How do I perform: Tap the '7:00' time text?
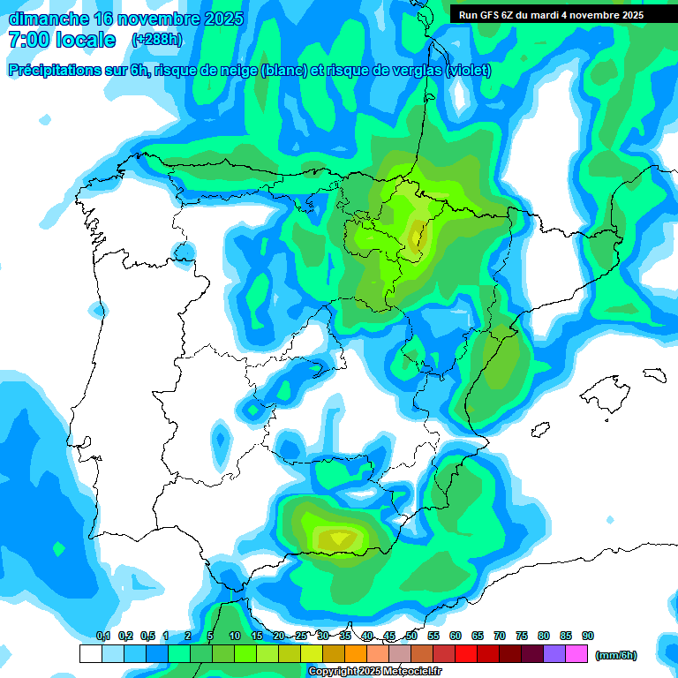[x=26, y=40]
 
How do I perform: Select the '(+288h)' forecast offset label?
[x=156, y=40]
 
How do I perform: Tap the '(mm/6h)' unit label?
[x=616, y=655]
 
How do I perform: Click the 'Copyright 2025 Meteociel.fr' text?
[x=375, y=672]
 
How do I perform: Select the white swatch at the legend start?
[x=90, y=653]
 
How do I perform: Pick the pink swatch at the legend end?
[x=576, y=653]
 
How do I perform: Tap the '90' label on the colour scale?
[x=588, y=636]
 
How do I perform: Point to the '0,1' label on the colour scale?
[x=103, y=636]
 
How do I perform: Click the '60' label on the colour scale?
[x=456, y=636]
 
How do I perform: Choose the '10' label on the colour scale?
[x=235, y=636]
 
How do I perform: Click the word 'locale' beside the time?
[x=87, y=40]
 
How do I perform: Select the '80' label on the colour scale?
[x=544, y=636]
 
